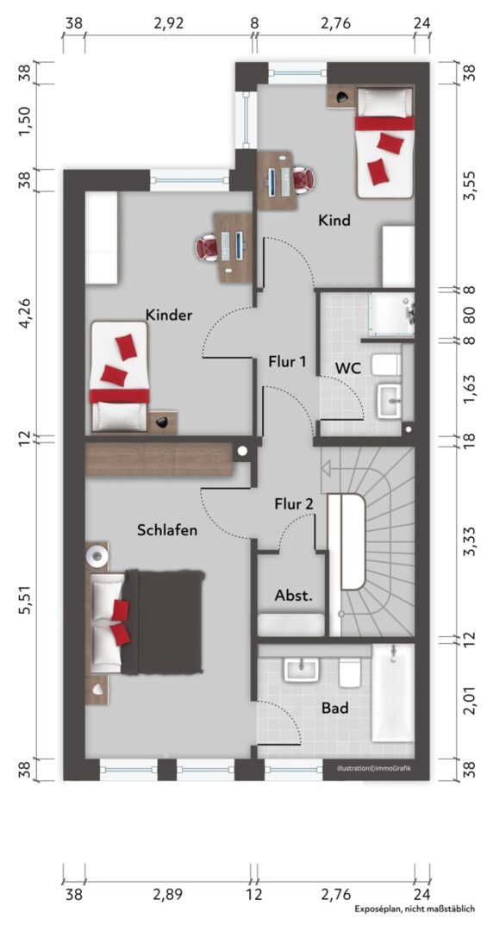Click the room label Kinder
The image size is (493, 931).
pos(169,315)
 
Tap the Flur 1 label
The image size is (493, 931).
pos(288,360)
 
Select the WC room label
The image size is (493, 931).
pos(348,367)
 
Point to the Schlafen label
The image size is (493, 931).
pos(167,530)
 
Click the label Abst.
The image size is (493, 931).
pos(293,596)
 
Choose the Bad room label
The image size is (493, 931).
pos(335,708)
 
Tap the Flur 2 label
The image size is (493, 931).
pos(294,504)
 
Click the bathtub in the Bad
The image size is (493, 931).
pos(393,692)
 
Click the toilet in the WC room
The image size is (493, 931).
pos(386,365)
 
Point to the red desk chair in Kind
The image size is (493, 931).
pos(303,178)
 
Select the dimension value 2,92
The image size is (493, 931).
pos(169,24)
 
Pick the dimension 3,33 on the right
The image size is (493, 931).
pos(470,541)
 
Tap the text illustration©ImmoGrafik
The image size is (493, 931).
pos(373,768)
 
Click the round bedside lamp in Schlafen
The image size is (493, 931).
pos(97,556)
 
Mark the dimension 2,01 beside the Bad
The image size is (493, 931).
pos(470,701)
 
